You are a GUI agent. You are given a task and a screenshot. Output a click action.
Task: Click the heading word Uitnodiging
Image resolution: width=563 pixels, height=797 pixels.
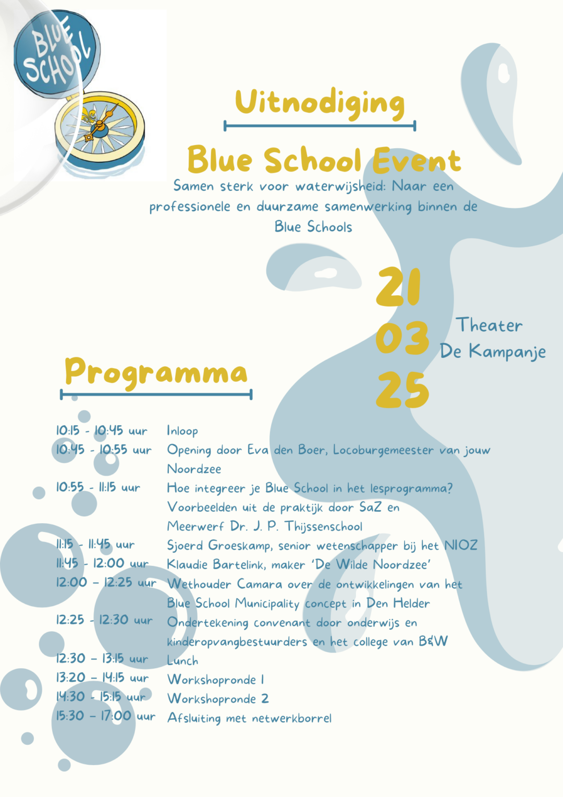[320, 103]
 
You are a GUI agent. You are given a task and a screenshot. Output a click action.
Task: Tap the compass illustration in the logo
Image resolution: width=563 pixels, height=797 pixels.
[100, 127]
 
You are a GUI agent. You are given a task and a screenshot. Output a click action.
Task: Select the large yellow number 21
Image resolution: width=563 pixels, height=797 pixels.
[398, 287]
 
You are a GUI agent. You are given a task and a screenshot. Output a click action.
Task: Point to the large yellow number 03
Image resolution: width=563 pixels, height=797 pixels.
[402, 338]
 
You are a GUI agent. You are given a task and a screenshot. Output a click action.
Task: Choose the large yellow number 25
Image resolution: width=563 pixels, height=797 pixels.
[402, 390]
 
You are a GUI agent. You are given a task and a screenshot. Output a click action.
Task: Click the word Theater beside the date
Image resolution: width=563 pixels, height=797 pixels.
[489, 325]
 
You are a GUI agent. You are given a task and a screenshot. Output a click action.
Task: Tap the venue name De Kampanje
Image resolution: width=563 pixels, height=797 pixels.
[493, 351]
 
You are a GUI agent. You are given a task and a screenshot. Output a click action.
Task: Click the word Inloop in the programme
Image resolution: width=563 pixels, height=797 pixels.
[182, 431]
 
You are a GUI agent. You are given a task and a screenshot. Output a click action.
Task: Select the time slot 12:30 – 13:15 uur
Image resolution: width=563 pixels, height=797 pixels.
[102, 659]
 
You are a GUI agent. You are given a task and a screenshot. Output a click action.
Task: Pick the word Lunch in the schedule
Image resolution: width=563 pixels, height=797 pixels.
[182, 661]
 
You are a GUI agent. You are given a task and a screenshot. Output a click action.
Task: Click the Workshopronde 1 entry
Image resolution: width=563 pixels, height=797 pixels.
[216, 680]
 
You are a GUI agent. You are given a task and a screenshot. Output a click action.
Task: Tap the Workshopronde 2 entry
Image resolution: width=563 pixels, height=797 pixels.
[218, 699]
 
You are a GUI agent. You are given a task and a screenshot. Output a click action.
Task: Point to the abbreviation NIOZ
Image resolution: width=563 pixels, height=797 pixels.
[461, 546]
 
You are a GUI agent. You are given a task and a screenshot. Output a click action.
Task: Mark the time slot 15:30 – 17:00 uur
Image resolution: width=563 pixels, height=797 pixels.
[106, 716]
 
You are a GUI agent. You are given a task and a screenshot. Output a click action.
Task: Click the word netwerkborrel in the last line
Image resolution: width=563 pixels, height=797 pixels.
[291, 719]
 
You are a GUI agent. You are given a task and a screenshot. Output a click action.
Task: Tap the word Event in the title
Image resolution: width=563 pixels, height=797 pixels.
[417, 161]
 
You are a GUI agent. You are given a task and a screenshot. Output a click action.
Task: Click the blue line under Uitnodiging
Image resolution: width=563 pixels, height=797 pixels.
[320, 125]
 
